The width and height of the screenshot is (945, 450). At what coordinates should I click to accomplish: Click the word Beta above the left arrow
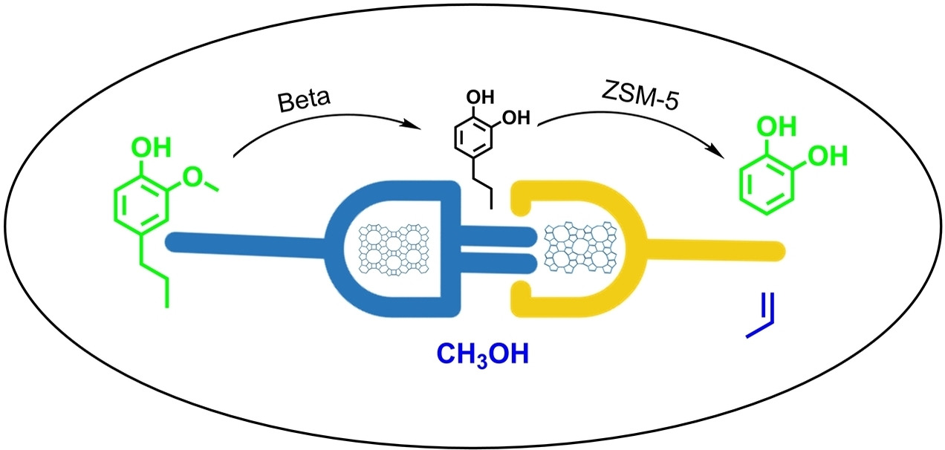coord(304,100)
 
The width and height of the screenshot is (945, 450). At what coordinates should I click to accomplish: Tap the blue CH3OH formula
coord(483,355)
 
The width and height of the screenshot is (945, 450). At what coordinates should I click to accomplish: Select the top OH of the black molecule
coord(480,97)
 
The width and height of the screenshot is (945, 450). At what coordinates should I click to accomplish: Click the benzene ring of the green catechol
coord(766,186)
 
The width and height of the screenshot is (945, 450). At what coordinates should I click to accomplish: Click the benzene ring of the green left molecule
coord(141,206)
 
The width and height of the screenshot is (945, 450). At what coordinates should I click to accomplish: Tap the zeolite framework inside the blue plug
coord(393,249)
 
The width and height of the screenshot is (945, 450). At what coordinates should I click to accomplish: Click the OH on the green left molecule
coord(151,147)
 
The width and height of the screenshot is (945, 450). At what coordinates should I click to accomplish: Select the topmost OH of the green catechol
coord(776,126)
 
